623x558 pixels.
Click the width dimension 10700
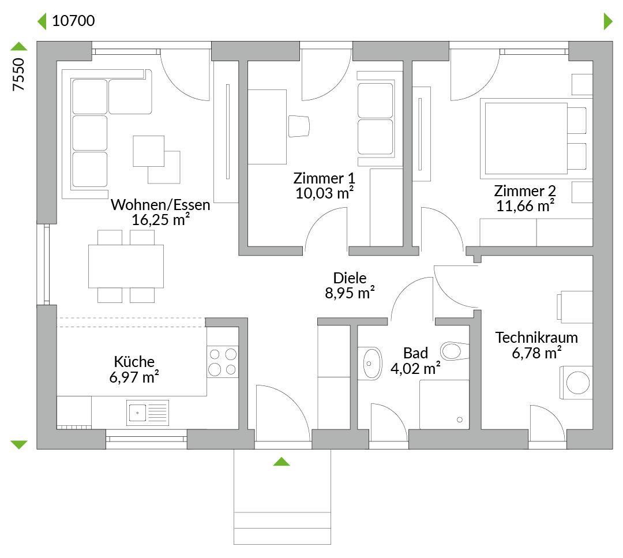[73, 21]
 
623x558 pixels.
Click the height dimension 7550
[18, 74]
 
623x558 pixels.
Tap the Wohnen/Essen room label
[160, 205]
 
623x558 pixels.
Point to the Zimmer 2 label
[525, 191]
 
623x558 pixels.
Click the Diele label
[350, 278]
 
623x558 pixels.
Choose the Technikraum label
[536, 338]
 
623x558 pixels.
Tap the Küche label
[134, 362]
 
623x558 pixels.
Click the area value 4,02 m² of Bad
[415, 368]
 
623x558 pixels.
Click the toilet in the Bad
[455, 351]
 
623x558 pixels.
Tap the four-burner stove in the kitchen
[223, 362]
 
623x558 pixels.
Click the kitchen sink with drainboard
[148, 413]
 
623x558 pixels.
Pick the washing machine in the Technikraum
[576, 383]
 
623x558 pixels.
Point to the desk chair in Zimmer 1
[299, 126]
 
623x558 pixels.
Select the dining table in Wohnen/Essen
[126, 266]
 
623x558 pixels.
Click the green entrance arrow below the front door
[282, 462]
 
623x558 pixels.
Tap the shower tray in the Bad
[444, 405]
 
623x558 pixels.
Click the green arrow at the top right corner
[608, 21]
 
